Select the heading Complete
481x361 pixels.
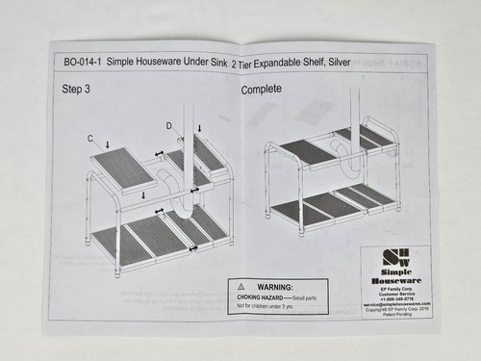261,89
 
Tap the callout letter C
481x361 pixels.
91,139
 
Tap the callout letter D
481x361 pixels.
168,126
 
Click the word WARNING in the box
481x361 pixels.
275,286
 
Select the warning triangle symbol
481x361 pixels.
237,286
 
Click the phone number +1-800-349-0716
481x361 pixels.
395,297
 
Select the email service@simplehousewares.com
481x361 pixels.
395,303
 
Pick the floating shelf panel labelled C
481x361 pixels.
123,168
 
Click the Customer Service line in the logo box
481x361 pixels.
395,292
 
